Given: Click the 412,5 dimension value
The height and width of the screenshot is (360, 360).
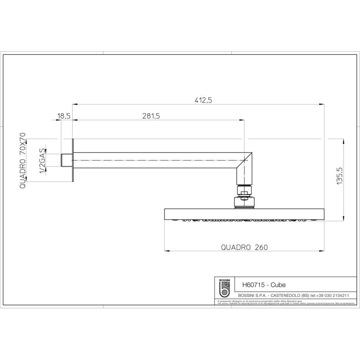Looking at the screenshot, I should (203, 100).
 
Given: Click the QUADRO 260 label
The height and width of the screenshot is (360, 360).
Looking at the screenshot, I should (244, 247).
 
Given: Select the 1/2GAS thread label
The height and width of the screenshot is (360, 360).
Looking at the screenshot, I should (42, 160).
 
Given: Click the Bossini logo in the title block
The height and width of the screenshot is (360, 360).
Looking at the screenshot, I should (224, 288).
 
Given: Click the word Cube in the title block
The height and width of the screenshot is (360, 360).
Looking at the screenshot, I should (278, 285).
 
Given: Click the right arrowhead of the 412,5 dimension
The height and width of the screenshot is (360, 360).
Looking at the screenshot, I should (322, 104).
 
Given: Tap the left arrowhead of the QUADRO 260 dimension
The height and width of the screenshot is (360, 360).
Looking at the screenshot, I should (167, 251).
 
